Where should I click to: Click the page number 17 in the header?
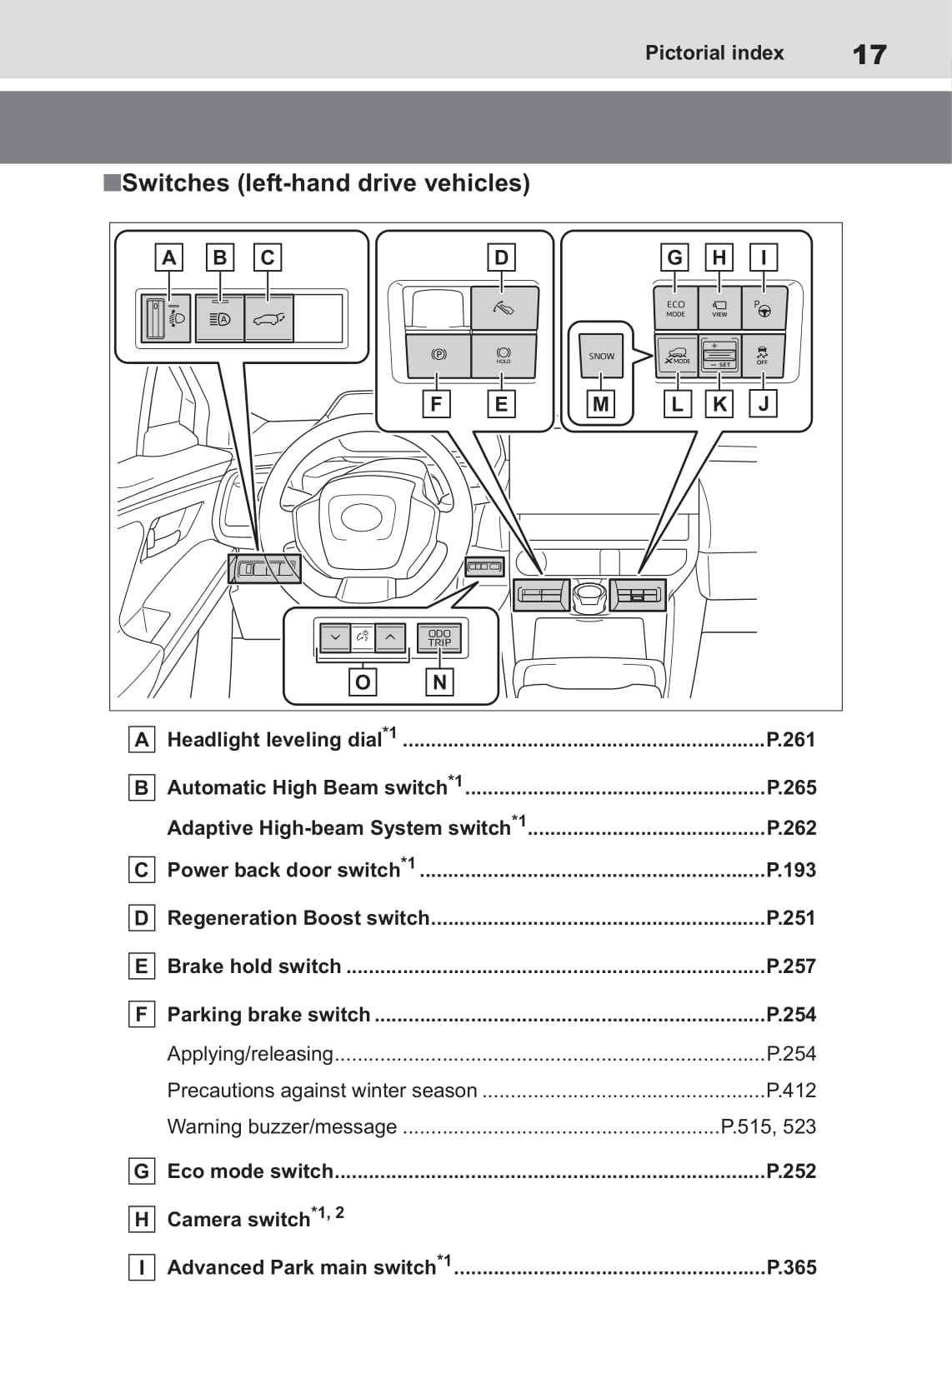(869, 55)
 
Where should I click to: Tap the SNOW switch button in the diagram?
(601, 356)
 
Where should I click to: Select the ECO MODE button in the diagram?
(675, 308)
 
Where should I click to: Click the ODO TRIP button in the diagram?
(439, 638)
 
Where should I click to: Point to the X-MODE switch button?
(676, 356)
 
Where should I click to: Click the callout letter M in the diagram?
(600, 405)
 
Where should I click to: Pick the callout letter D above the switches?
(501, 257)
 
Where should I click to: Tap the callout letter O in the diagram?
(362, 682)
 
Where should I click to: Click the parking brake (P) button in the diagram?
(438, 355)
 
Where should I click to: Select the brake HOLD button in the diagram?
(504, 355)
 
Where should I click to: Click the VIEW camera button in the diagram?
(719, 308)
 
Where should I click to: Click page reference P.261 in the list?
(790, 740)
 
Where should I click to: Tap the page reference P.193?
(790, 871)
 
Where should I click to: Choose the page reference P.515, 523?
(768, 1127)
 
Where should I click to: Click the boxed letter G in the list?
(142, 1171)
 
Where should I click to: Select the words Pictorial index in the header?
(714, 53)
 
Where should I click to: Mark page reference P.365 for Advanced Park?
(791, 1268)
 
